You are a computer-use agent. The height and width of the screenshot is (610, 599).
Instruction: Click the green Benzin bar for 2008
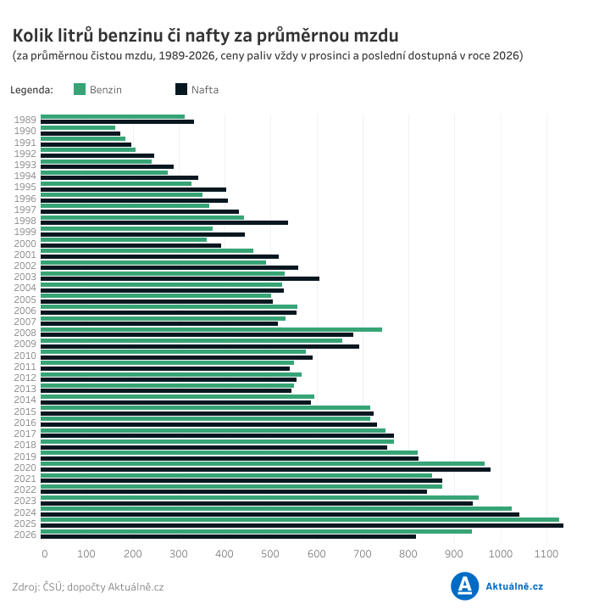click(211, 329)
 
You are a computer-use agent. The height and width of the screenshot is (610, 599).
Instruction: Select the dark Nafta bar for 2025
click(302, 525)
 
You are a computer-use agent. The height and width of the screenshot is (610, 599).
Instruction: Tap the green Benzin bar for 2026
click(256, 531)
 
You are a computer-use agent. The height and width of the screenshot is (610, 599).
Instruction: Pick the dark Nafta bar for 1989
click(117, 121)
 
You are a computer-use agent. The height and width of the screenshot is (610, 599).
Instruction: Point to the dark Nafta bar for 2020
click(265, 469)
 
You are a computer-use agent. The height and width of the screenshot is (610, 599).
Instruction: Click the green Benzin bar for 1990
click(78, 128)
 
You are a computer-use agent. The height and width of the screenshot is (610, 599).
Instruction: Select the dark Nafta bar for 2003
click(180, 278)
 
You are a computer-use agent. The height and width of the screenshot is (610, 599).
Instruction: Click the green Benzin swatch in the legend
click(80, 89)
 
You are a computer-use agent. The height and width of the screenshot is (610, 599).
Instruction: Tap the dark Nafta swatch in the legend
click(181, 89)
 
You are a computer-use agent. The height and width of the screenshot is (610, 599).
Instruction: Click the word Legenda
click(32, 90)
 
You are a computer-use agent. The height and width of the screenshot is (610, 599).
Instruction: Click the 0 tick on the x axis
click(44, 554)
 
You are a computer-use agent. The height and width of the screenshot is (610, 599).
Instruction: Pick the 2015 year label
click(25, 411)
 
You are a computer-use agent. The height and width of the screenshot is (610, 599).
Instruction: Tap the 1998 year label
click(25, 221)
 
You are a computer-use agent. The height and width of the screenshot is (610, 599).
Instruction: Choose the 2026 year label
click(25, 534)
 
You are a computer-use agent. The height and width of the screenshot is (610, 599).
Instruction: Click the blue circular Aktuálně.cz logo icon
click(465, 586)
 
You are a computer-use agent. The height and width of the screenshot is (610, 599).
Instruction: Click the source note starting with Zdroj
click(88, 587)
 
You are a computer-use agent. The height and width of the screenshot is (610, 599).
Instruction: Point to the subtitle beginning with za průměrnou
click(268, 56)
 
